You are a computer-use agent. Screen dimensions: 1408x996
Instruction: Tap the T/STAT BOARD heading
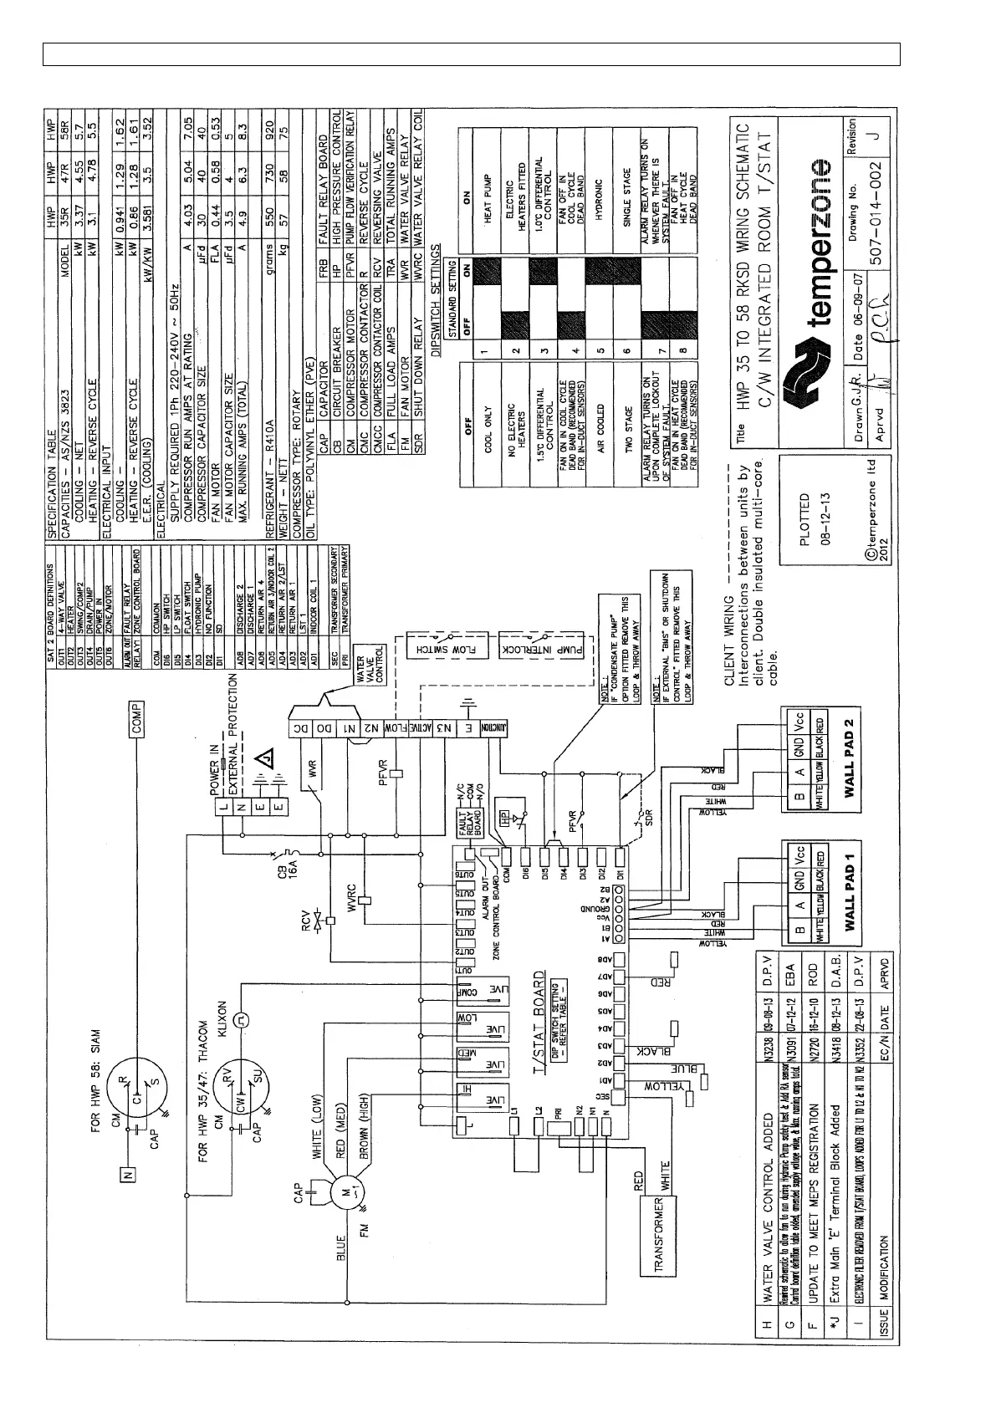click(x=539, y=1020)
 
